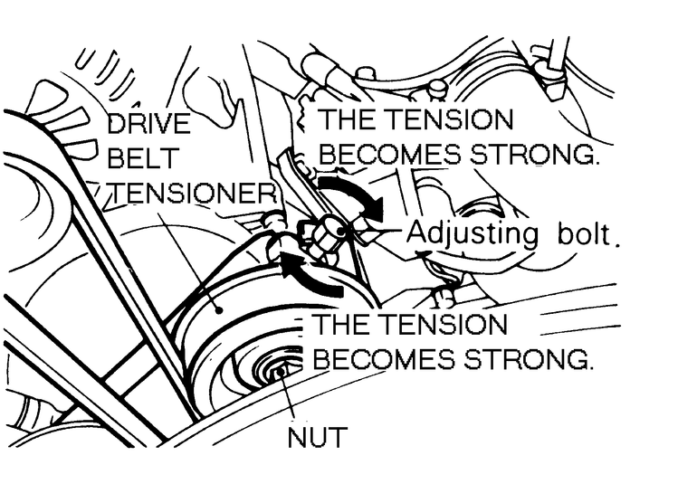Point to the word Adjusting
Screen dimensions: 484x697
pyautogui.click(x=472, y=233)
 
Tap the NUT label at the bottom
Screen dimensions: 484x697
pyautogui.click(x=316, y=439)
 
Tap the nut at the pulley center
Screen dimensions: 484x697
pyautogui.click(x=279, y=369)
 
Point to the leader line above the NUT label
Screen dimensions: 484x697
pyautogui.click(x=291, y=398)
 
